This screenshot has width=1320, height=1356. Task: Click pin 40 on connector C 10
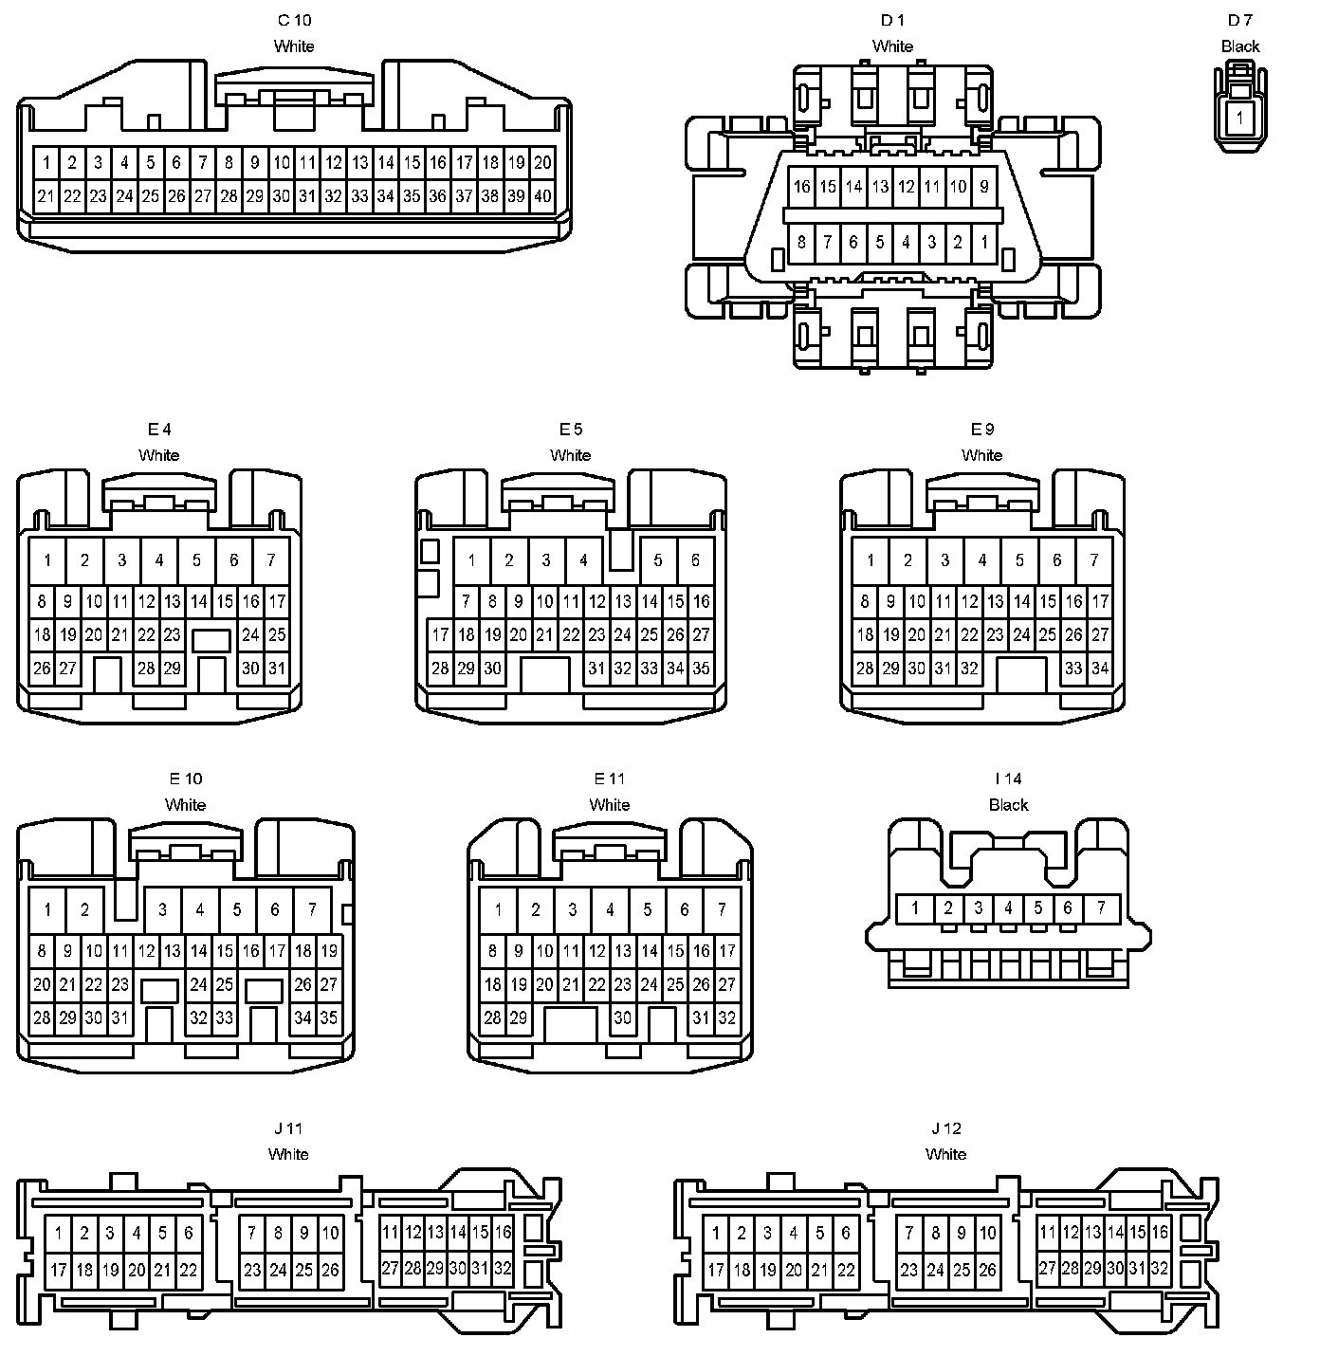[542, 196]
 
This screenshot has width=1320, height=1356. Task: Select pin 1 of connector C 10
[46, 163]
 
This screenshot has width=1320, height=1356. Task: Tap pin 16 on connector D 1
[801, 187]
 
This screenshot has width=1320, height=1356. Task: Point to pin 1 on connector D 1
[984, 243]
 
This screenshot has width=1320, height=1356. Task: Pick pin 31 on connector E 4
[276, 669]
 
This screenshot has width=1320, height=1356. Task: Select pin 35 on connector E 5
[701, 669]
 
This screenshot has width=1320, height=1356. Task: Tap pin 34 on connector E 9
[1100, 669]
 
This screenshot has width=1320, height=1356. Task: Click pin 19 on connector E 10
[329, 950]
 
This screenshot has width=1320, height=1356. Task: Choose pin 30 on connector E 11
[622, 1018]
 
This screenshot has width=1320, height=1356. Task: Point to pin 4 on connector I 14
[1008, 908]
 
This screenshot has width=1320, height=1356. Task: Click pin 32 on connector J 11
[503, 1268]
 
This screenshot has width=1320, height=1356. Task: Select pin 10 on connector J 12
[988, 1233]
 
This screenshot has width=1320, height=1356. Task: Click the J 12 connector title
[945, 1128]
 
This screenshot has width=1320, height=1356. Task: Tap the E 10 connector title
[185, 779]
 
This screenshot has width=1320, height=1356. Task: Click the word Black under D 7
[1239, 46]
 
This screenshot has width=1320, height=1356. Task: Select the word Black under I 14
[1008, 805]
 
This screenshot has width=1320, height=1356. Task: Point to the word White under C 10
[294, 46]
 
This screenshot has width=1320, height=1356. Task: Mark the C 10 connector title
[294, 20]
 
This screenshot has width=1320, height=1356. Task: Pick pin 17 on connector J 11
[59, 1270]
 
